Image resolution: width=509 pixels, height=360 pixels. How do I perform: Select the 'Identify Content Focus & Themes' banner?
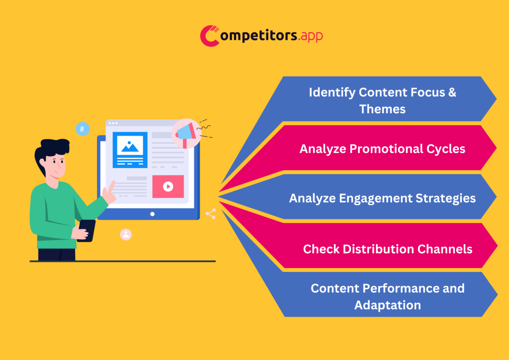click(382, 100)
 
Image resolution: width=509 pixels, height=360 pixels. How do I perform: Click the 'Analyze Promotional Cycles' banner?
click(382, 149)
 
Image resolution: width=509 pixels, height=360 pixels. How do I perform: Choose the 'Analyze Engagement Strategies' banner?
click(382, 198)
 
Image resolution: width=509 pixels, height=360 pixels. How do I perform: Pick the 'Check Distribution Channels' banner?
click(388, 249)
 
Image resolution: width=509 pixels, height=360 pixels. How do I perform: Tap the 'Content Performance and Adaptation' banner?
click(388, 296)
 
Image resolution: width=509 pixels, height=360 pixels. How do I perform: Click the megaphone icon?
click(186, 133)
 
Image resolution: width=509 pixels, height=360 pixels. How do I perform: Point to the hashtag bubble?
click(83, 129)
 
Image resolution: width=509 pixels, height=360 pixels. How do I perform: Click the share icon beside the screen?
click(211, 214)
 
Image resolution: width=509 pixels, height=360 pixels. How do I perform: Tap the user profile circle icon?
click(126, 234)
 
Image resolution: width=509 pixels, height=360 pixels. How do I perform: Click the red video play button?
click(168, 186)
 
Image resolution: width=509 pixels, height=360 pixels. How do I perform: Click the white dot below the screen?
click(152, 214)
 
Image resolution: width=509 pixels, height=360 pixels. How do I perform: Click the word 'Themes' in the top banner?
click(382, 109)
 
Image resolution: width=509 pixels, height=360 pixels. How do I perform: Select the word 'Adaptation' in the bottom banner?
click(388, 305)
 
